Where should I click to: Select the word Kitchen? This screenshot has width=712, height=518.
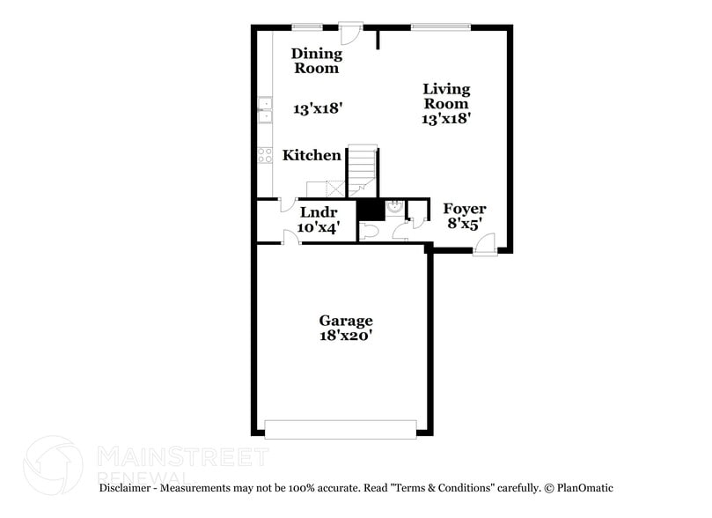click(312, 156)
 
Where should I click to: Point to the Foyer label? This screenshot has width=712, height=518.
click(464, 209)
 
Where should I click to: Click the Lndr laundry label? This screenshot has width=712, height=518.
click(318, 212)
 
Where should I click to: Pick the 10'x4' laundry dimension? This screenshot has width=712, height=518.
click(318, 227)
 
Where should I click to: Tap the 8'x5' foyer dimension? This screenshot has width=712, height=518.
click(464, 224)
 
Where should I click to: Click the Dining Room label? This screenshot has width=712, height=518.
click(316, 61)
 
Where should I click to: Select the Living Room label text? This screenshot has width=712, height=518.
click(446, 96)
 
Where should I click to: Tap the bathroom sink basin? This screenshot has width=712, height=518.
click(395, 208)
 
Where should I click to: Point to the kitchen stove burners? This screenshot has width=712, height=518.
click(264, 156)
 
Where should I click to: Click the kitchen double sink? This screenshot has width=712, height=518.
click(264, 110)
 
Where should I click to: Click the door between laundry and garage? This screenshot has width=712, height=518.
click(290, 238)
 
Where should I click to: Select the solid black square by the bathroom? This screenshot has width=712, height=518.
click(370, 211)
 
